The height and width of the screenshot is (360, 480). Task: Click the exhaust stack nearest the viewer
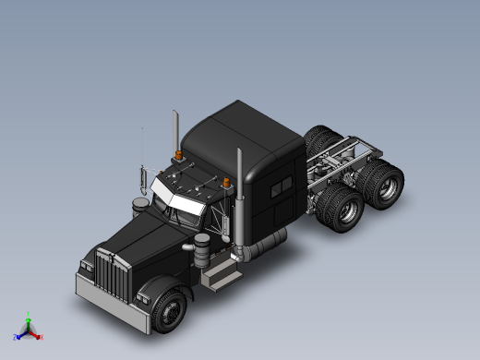(239, 198)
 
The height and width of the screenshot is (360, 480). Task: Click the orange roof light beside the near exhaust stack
(225, 182)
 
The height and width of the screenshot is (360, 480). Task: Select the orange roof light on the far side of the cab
(177, 154)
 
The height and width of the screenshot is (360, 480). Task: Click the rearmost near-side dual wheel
(387, 181)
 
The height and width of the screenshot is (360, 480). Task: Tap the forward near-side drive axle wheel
(347, 210)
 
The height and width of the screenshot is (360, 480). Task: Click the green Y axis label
(29, 315)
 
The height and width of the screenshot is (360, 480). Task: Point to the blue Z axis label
(16, 338)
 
